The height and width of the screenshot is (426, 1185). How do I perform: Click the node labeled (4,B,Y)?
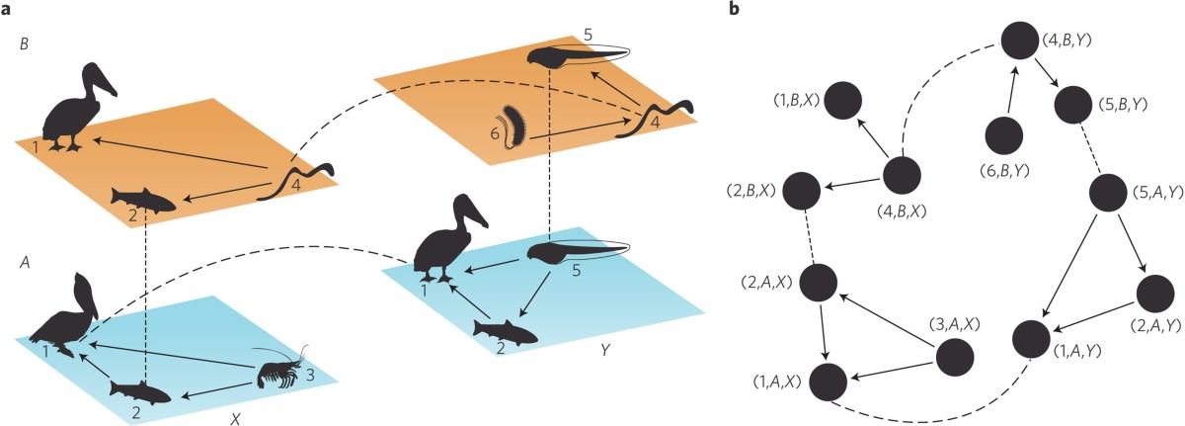[1021, 42]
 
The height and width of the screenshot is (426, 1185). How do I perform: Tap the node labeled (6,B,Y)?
[1003, 136]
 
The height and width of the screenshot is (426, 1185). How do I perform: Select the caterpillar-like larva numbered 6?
[514, 126]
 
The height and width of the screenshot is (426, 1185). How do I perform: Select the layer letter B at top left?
[24, 44]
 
